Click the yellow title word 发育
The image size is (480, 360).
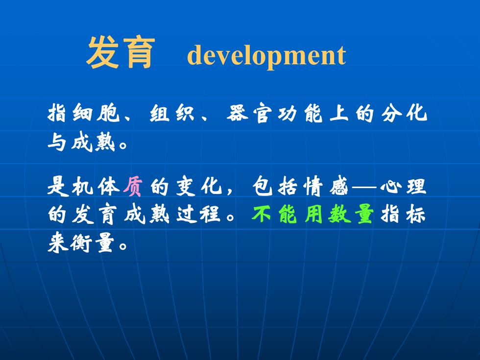pos(121,53)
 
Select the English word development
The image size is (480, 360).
pos(266,55)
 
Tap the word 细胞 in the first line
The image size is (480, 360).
pos(96,113)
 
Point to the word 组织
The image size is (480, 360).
pos(172,113)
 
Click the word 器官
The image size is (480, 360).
pos(249,113)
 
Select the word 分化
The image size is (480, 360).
pos(404,113)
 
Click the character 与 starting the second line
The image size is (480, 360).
pos(57,143)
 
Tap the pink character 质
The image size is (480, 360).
pos(133,186)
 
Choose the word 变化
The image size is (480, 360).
pos(199,186)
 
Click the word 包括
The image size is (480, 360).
pos(275,186)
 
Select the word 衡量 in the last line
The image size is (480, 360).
pos(93,242)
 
